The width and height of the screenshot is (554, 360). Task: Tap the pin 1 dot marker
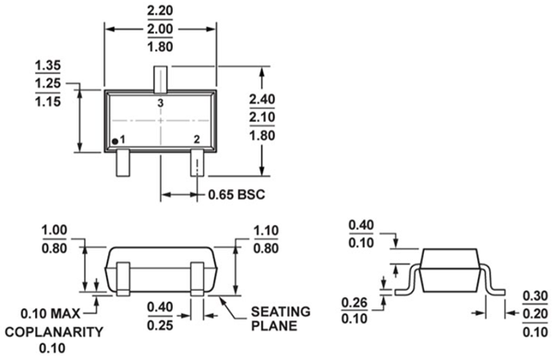tap(115, 139)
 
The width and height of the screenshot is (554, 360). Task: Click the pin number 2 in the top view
tap(196, 139)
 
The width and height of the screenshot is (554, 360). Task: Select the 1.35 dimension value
tap(48, 66)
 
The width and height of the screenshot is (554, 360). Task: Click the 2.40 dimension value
tap(265, 99)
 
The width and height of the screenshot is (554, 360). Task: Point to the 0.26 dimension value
tap(355, 303)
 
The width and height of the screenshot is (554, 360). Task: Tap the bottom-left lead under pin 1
tap(123, 164)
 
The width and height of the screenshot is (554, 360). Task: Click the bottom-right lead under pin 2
tap(197, 164)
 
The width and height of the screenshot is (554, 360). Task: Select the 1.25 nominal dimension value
tap(48, 83)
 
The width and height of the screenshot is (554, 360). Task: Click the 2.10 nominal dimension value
tap(265, 116)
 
